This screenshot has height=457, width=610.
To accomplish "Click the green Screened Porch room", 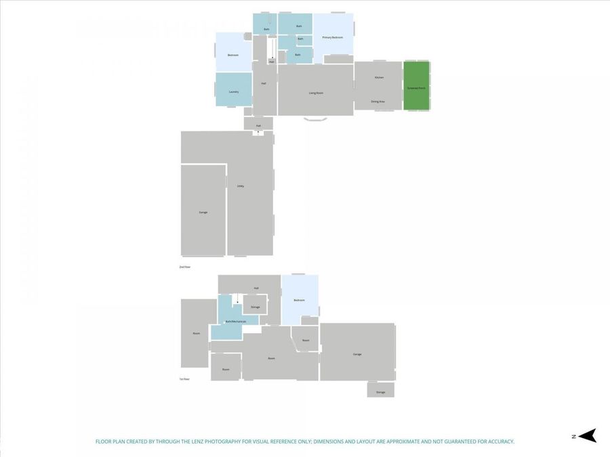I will click(416, 86).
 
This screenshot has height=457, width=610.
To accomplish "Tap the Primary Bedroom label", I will click(332, 37).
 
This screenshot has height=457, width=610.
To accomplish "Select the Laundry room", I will click(234, 91).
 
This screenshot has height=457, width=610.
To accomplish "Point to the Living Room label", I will click(316, 93).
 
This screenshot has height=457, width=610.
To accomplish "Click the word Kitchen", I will click(379, 77).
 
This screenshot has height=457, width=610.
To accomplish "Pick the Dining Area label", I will click(378, 102).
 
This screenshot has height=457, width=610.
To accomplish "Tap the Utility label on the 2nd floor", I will click(241, 186).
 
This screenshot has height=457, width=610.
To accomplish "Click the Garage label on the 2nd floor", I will click(203, 212).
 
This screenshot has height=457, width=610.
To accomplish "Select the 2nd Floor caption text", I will click(185, 267).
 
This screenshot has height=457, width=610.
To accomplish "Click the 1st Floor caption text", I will click(184, 379).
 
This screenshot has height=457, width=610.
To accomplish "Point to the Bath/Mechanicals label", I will click(235, 321).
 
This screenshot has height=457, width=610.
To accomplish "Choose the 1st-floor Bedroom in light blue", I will click(299, 299).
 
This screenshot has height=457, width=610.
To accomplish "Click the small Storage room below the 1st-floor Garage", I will click(381, 391).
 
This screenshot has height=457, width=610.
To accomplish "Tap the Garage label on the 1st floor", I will click(357, 354).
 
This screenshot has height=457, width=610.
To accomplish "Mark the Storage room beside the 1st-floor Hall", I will click(255, 306).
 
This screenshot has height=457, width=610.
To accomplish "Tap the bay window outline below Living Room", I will click(314, 119).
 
